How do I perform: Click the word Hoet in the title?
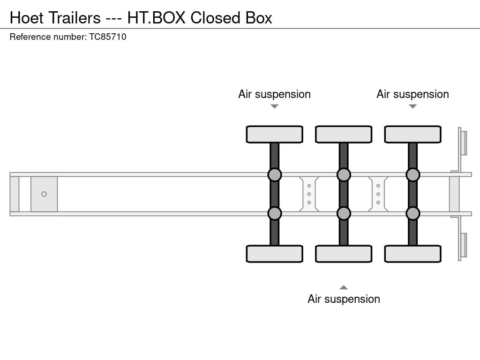point(27,18)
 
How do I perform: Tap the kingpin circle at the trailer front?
point(44,194)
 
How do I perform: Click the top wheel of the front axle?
point(274,135)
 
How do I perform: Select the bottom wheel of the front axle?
point(274,254)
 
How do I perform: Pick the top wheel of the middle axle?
point(344,135)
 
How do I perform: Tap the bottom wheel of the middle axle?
point(344,254)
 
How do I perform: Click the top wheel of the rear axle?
point(412,135)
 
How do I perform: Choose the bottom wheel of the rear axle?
point(412,254)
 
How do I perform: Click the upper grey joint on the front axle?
point(274,175)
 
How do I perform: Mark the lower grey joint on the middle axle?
point(344,213)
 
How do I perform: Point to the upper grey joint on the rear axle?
point(412,175)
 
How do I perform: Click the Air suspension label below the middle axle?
point(344,299)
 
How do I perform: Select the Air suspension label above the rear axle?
point(412,94)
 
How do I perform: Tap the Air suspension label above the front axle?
point(274,94)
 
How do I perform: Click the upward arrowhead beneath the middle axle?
point(344,287)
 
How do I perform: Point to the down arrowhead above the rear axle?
point(412,106)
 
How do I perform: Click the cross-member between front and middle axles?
point(309,194)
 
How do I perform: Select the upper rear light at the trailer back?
point(463,143)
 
